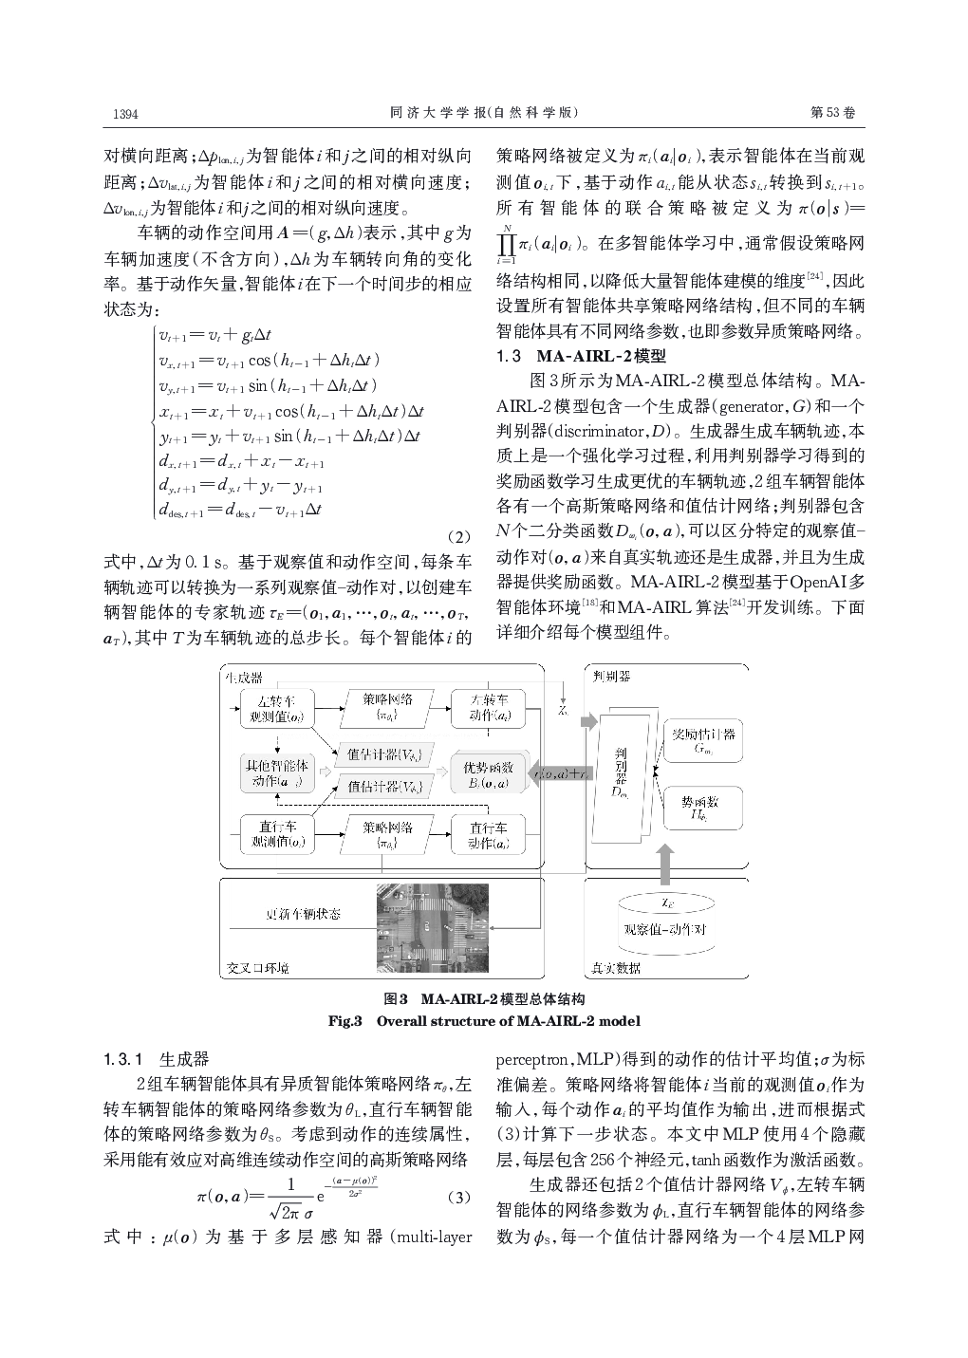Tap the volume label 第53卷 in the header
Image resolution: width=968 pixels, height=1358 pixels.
tap(833, 113)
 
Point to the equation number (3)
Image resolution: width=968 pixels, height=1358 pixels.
tap(458, 1197)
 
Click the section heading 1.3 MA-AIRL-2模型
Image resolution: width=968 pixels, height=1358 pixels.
tap(582, 357)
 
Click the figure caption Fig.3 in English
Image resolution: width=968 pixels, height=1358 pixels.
tap(484, 1021)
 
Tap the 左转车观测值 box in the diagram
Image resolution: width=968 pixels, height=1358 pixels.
tap(276, 709)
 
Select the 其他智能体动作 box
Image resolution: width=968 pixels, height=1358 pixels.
tap(276, 773)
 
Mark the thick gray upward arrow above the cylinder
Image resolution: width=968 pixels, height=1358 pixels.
tap(664, 863)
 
